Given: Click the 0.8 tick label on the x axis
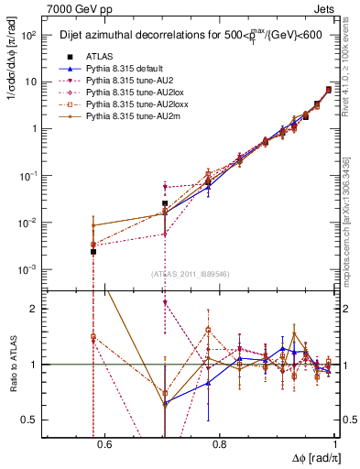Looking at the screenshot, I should coord(219,446).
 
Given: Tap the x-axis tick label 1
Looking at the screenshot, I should coord(334,446).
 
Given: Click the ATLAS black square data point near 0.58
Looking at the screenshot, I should coord(93,251).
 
